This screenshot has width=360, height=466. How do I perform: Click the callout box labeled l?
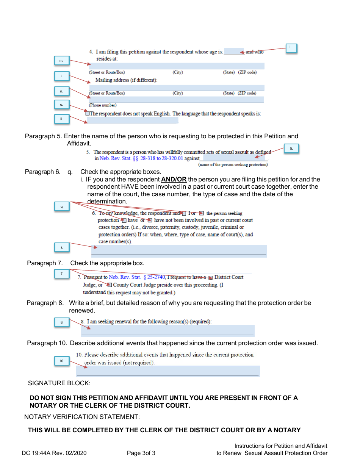(291, 48)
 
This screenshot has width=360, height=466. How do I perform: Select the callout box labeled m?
(61, 61)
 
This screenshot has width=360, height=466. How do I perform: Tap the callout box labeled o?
(61, 104)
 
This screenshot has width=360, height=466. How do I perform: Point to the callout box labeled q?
(61, 206)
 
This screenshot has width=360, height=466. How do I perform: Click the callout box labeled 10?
(61, 361)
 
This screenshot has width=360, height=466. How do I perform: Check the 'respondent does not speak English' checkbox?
(88, 114)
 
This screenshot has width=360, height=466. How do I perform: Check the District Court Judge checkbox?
(211, 278)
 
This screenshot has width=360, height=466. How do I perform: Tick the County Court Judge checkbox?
(110, 285)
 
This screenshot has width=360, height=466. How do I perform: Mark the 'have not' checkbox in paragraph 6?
(150, 220)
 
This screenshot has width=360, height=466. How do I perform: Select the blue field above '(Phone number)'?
(176, 100)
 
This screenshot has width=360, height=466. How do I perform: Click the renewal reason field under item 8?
(167, 330)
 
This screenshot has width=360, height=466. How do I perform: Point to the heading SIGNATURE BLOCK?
(59, 383)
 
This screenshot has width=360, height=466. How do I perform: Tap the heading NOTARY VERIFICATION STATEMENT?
(82, 417)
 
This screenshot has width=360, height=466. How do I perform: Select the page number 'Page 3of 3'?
(141, 453)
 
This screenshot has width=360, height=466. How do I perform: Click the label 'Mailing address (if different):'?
(126, 80)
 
